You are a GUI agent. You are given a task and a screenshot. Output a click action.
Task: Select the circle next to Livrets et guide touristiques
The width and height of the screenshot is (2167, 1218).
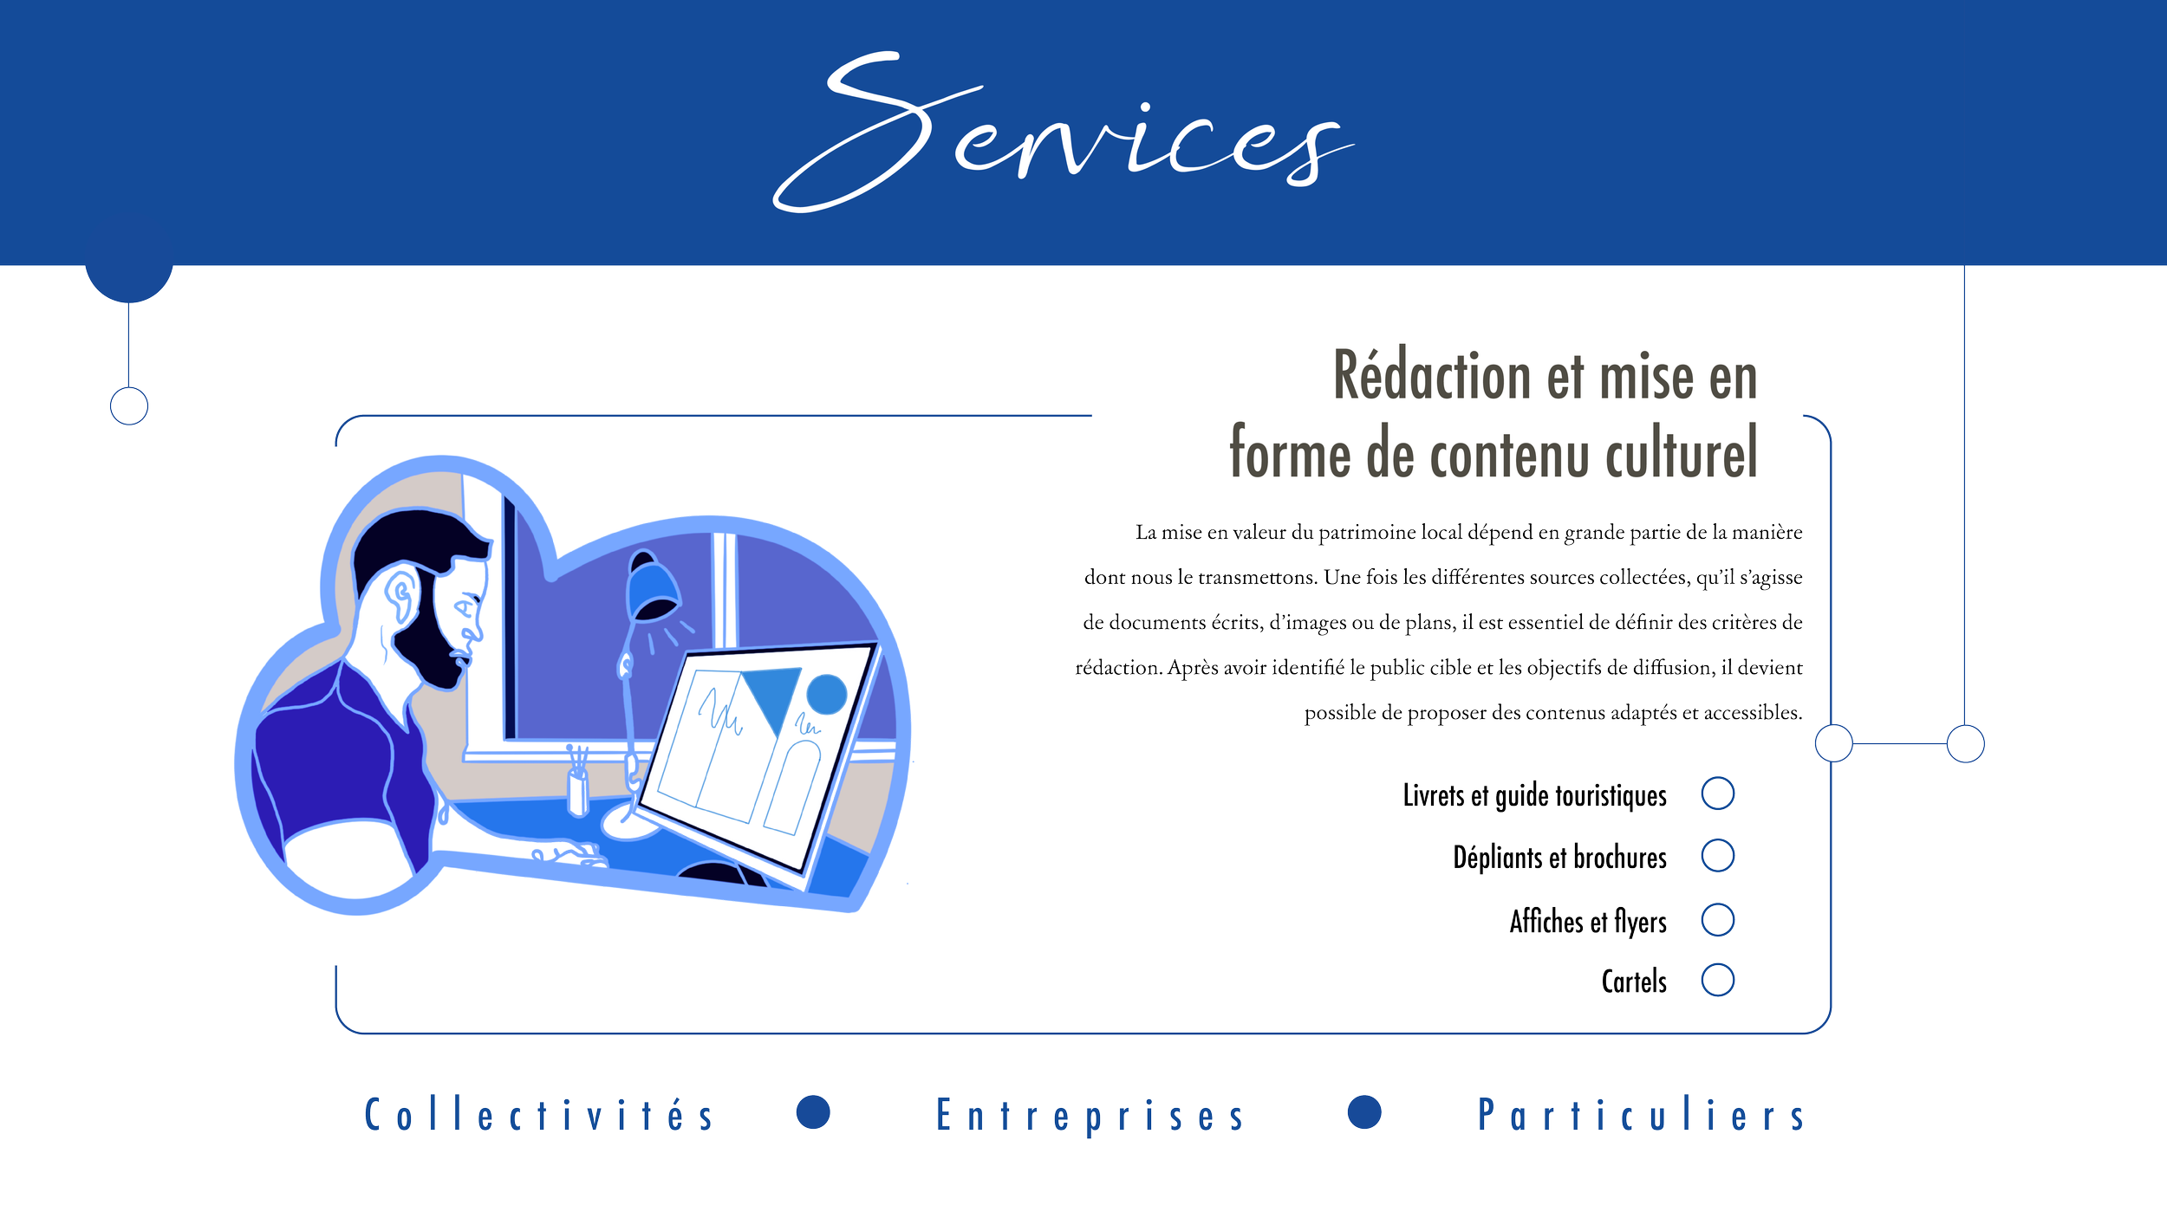tap(1717, 794)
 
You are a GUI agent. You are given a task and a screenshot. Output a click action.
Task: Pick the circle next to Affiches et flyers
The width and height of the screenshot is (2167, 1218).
tap(1717, 920)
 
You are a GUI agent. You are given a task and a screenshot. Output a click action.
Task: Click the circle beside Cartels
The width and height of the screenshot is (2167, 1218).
tap(1717, 981)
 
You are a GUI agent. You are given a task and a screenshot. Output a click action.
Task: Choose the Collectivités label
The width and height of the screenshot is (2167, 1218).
tap(539, 1115)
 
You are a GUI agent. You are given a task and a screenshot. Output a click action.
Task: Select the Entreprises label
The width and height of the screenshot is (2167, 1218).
tap(1090, 1116)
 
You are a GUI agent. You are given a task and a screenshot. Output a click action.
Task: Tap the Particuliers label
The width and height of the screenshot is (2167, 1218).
tap(1641, 1115)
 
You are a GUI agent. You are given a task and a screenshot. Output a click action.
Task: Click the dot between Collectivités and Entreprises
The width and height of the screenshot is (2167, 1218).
tap(813, 1112)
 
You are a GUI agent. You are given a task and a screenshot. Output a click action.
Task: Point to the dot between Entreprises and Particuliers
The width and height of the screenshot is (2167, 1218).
tap(1364, 1112)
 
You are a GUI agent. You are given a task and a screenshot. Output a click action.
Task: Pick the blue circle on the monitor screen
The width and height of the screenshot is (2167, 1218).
tap(826, 694)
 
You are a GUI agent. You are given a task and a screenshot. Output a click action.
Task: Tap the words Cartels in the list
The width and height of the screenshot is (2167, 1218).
tap(1634, 982)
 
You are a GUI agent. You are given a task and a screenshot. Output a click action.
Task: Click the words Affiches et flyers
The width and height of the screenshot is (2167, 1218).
tap(1588, 922)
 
